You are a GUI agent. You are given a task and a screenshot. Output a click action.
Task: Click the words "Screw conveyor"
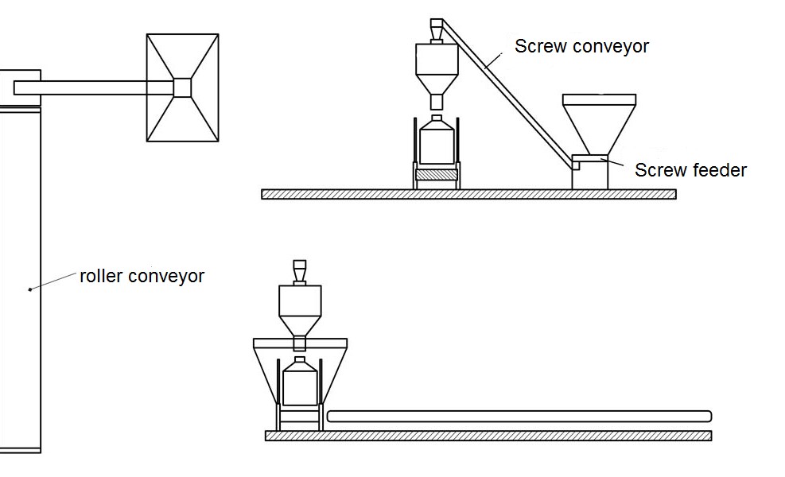(581, 46)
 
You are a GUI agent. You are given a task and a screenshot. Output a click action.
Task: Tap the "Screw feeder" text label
(690, 169)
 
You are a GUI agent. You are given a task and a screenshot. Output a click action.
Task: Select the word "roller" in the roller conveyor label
(101, 277)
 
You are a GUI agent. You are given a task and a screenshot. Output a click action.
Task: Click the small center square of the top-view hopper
(182, 87)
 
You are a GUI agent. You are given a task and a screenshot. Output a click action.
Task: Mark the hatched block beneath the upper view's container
(435, 173)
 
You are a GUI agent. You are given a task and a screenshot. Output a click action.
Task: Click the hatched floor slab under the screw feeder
(469, 194)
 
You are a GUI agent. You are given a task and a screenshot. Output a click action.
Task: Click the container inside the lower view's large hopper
(298, 383)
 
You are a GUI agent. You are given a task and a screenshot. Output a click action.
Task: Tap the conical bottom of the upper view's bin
(435, 84)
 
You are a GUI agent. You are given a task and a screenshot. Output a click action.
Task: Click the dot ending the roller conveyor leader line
(30, 289)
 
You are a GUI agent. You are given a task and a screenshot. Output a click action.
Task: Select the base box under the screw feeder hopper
(590, 176)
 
